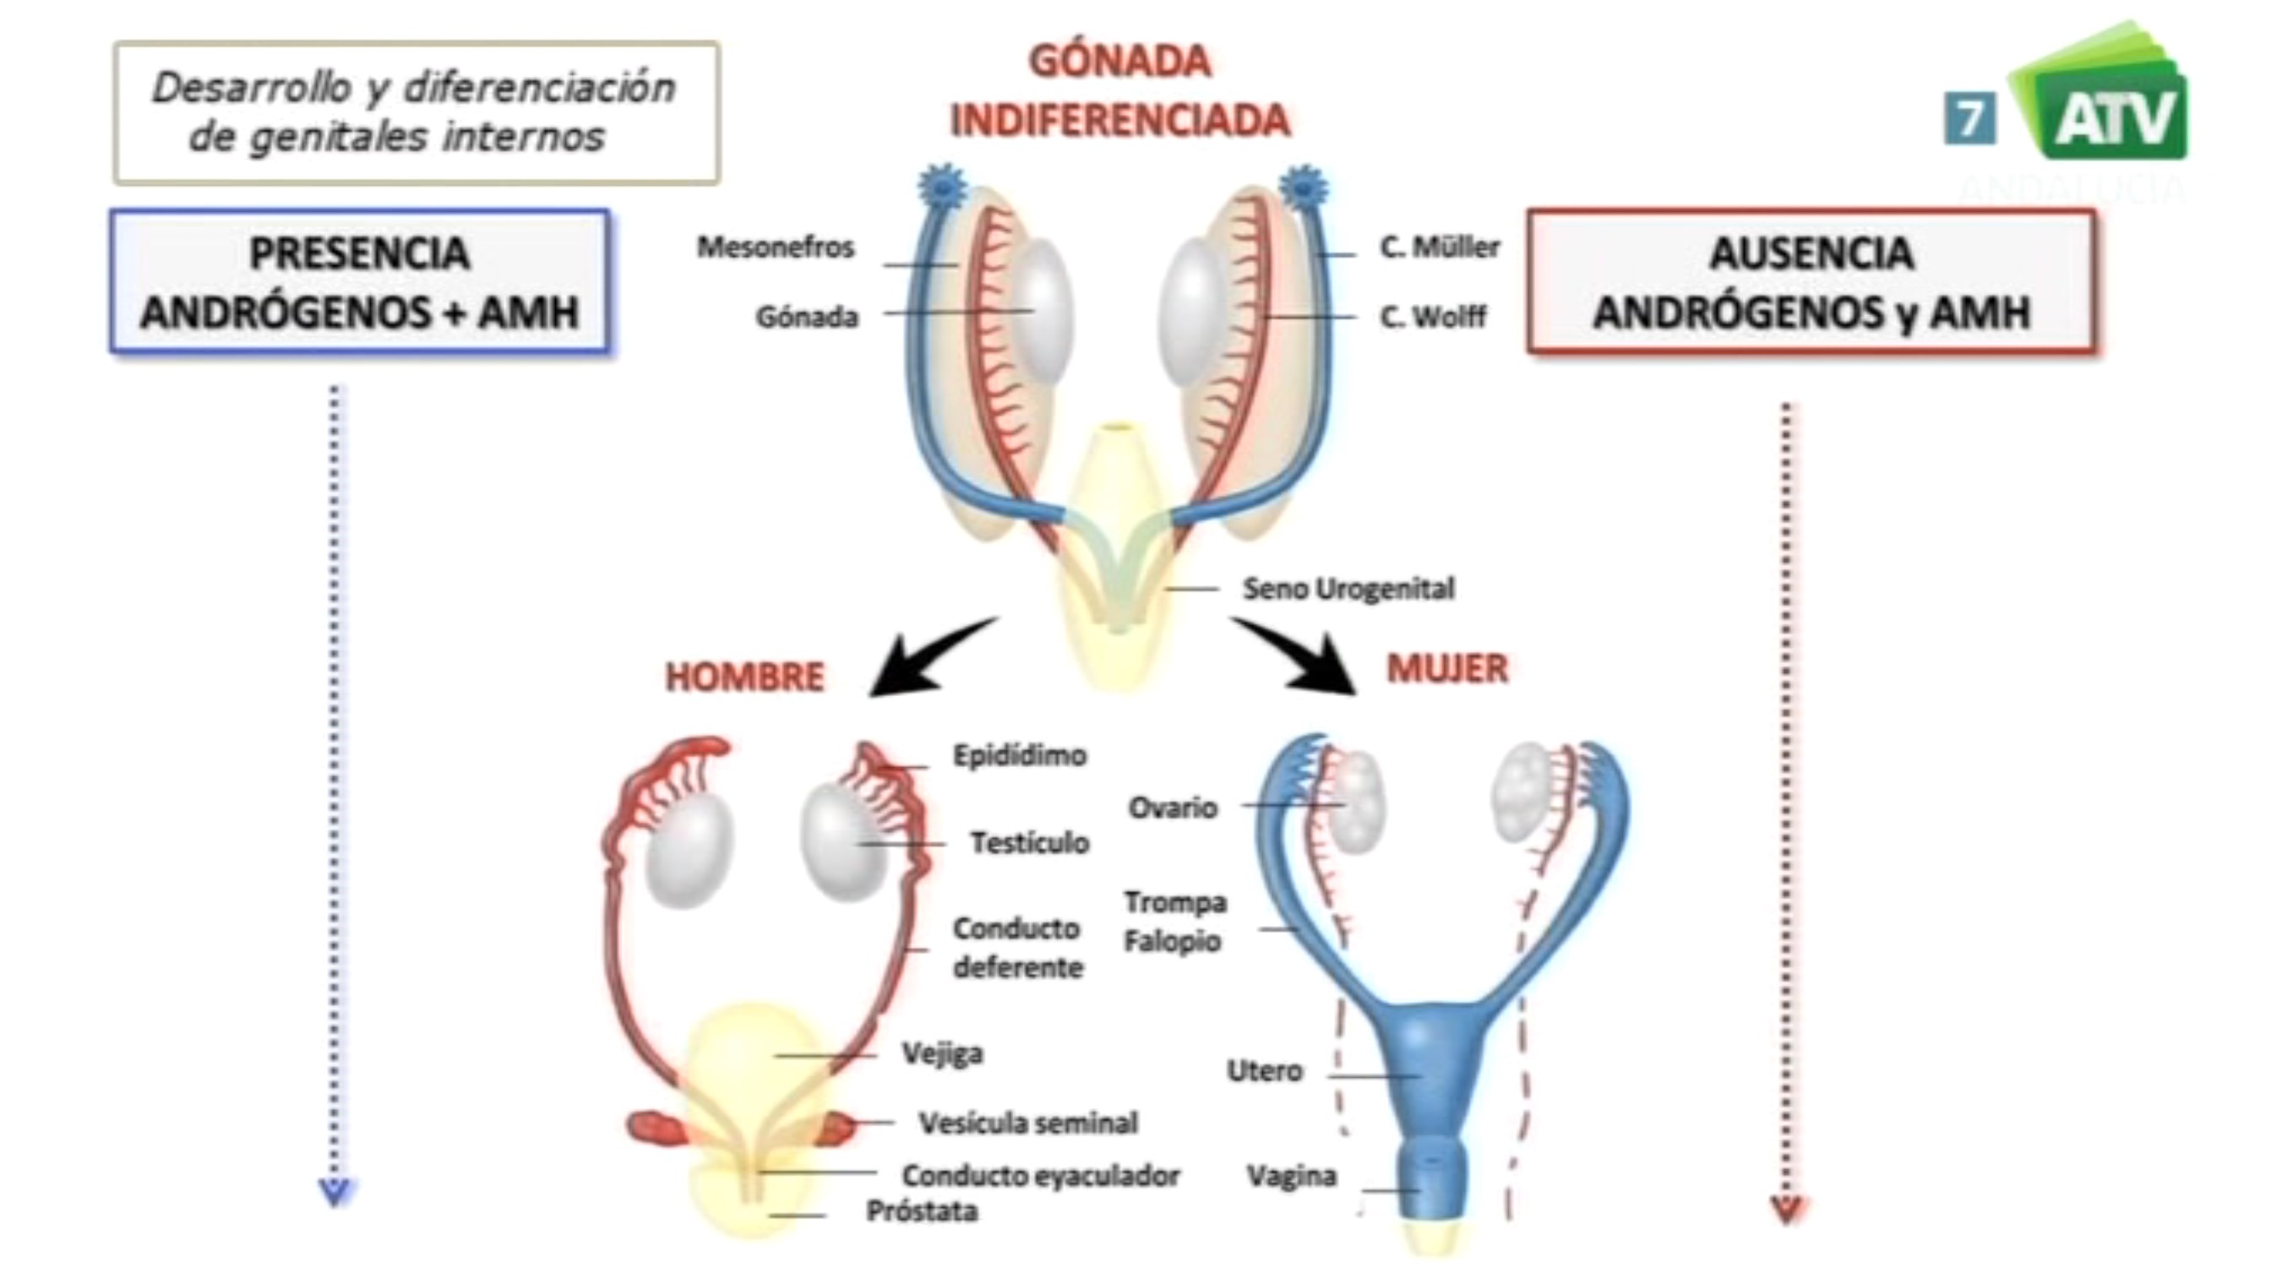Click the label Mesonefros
tap(775, 247)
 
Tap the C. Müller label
tap(1440, 247)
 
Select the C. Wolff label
tap(1432, 316)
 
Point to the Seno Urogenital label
tap(1348, 588)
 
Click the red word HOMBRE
tap(745, 677)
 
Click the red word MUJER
tap(1447, 668)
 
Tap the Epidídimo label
tap(1019, 755)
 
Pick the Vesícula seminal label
tap(1028, 1123)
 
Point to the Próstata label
tap(923, 1211)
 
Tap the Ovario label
tap(1173, 807)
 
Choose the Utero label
tap(1264, 1070)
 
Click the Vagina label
tap(1291, 1177)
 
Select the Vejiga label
tap(942, 1053)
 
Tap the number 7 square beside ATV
tap(1969, 119)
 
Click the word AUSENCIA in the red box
tap(1811, 253)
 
